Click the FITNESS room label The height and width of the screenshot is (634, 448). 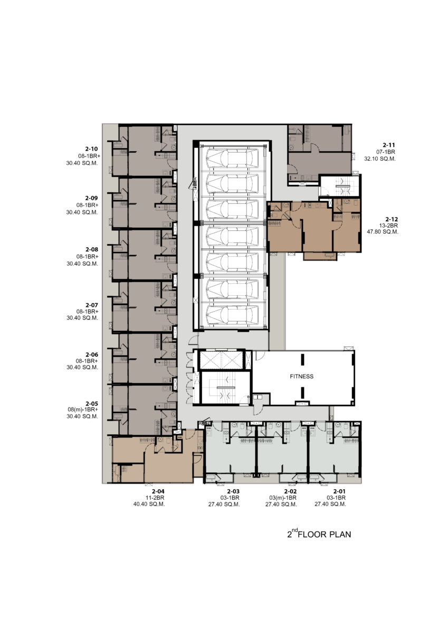pyautogui.click(x=302, y=376)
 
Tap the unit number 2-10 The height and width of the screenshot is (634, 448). pyautogui.click(x=91, y=149)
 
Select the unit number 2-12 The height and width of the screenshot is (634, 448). pyautogui.click(x=392, y=219)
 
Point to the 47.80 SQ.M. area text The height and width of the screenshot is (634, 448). pyautogui.click(x=383, y=232)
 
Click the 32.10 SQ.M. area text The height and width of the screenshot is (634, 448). pyautogui.click(x=379, y=159)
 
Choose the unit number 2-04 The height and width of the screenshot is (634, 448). pyautogui.click(x=158, y=492)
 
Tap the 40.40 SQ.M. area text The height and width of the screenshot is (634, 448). pyautogui.click(x=149, y=504)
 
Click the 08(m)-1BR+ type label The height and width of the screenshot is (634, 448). pyautogui.click(x=83, y=409)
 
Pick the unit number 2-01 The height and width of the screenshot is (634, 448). pyautogui.click(x=339, y=492)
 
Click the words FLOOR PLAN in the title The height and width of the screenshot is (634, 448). pyautogui.click(x=325, y=535)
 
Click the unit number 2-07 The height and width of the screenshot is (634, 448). pyautogui.click(x=92, y=305)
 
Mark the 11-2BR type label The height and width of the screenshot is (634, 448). pyautogui.click(x=155, y=498)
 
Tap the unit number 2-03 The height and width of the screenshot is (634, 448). pyautogui.click(x=233, y=492)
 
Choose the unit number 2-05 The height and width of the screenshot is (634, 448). pyautogui.click(x=92, y=404)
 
